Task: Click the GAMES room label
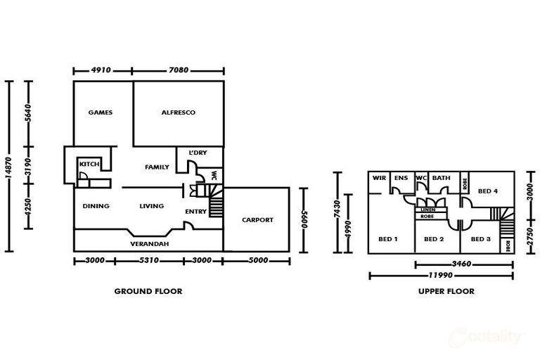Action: [101, 112]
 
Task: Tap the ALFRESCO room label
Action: [179, 112]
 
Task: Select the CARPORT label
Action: [257, 220]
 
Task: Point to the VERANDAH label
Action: [150, 244]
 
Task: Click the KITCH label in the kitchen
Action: [89, 164]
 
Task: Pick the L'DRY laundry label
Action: [198, 153]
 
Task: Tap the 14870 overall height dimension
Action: [9, 167]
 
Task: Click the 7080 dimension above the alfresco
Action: [179, 70]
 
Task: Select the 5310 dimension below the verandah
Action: [149, 260]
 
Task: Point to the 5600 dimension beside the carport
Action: [304, 219]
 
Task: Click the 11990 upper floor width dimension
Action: [440, 275]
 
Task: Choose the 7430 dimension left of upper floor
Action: [337, 209]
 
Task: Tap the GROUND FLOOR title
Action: [148, 291]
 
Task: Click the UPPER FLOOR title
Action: [446, 291]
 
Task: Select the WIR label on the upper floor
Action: [379, 178]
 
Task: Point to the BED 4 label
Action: [488, 191]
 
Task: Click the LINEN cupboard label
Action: [428, 210]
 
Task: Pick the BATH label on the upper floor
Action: [441, 178]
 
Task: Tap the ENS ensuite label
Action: [401, 178]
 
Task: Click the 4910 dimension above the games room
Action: [101, 70]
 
